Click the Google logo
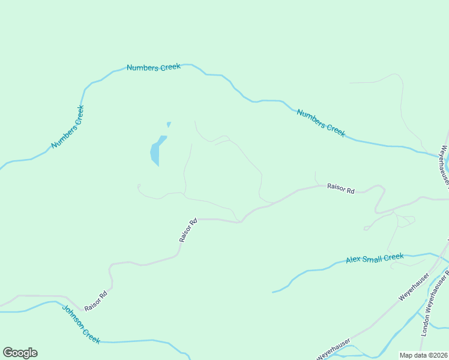click(20, 353)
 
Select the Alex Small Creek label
click(375, 259)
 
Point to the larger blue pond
click(157, 151)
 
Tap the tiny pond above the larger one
click(169, 125)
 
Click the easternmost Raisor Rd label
click(340, 188)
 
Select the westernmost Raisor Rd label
click(95, 301)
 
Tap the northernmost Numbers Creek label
click(154, 68)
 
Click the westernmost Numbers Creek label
click(67, 127)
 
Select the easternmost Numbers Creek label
click(321, 123)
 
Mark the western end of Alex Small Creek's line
click(273, 292)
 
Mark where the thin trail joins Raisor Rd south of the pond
click(240, 222)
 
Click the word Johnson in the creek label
click(73, 316)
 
